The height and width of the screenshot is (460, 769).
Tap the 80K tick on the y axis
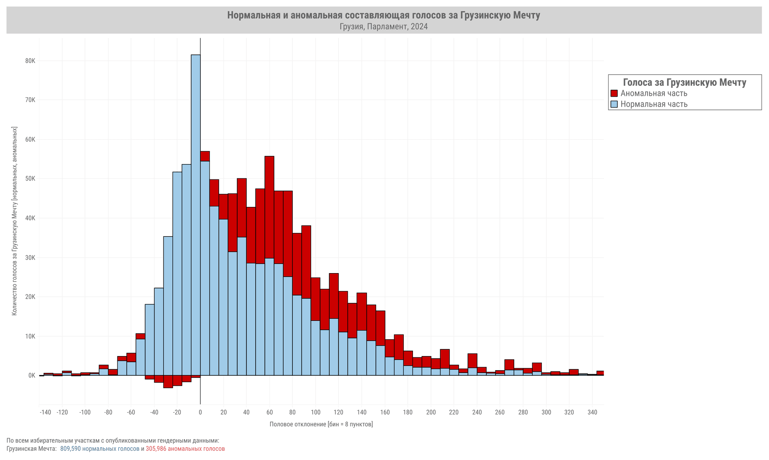point(30,61)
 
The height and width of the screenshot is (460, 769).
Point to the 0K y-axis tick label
point(32,376)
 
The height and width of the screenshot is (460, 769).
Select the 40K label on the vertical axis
point(30,218)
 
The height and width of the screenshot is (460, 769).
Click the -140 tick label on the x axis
point(45,412)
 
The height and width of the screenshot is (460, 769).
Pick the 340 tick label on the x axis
point(592,412)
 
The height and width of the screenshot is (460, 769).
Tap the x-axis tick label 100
point(316,412)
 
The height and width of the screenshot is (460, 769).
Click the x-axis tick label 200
point(431,412)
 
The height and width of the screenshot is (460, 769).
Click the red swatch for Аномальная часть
point(614,93)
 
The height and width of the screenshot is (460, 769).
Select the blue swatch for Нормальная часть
point(614,104)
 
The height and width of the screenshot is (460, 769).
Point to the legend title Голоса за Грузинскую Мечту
point(684,83)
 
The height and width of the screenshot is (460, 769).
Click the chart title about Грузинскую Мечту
point(383,15)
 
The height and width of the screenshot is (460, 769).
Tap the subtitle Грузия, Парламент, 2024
point(383,27)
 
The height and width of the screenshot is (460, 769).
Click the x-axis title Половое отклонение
point(321,424)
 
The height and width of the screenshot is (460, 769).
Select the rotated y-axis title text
point(14,221)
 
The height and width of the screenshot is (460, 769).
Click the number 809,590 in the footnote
point(70,449)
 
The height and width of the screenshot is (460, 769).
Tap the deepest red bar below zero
point(168,381)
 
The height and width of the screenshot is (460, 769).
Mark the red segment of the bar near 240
point(473,361)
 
